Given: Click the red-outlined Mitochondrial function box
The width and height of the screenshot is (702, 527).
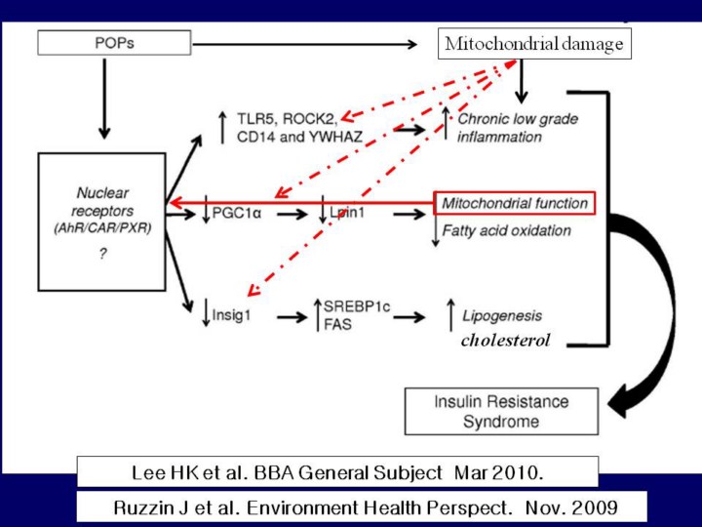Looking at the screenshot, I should point(514,203).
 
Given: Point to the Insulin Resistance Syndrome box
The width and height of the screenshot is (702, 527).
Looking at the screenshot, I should point(500,411).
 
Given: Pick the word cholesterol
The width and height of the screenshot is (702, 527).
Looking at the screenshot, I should point(505,341).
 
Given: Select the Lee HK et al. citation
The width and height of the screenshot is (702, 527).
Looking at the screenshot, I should point(337,472).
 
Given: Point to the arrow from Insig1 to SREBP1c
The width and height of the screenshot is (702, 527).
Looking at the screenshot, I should point(292,316).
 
